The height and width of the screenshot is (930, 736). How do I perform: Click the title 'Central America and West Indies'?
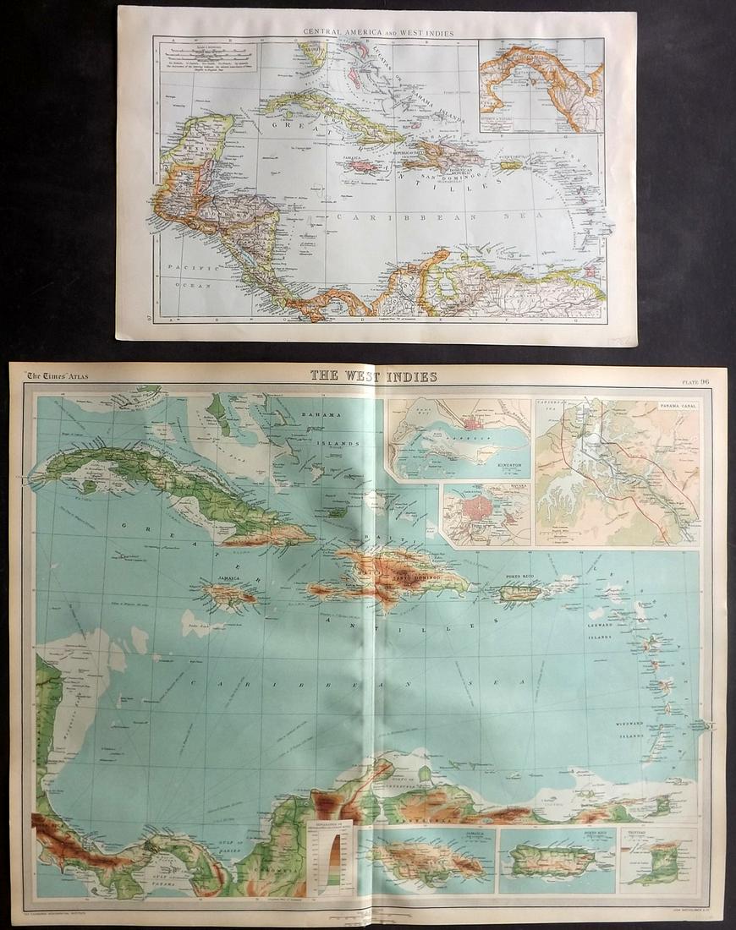[x=378, y=33]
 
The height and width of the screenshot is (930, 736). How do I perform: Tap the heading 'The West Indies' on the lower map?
[x=373, y=375]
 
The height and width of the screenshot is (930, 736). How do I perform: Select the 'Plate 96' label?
[x=699, y=380]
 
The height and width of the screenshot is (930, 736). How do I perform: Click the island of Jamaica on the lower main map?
[x=228, y=595]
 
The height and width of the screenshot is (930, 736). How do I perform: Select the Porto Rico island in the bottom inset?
[x=549, y=861]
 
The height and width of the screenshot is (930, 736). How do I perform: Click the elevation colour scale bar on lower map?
[x=333, y=856]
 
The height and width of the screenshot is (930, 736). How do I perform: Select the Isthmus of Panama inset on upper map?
[x=540, y=85]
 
